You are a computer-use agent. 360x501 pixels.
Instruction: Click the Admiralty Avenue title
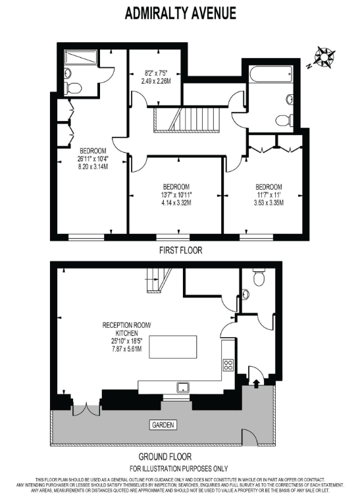click(180, 13)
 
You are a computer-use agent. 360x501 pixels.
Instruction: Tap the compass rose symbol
click(324, 57)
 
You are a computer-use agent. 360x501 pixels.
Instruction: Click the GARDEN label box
click(163, 425)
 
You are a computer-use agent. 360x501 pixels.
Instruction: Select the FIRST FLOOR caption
click(180, 250)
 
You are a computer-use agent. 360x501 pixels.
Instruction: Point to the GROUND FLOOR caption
click(165, 457)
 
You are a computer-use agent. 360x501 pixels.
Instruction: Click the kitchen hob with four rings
click(228, 365)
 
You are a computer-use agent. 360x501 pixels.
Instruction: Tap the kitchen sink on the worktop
click(183, 387)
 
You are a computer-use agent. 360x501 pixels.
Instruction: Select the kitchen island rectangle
click(173, 347)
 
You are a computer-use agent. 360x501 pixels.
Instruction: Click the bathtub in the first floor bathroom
click(270, 74)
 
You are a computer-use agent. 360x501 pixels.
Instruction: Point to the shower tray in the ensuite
click(80, 57)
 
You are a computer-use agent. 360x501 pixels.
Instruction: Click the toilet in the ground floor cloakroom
click(259, 277)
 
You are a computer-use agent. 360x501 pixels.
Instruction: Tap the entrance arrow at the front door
click(256, 383)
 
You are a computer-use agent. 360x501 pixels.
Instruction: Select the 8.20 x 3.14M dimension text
click(93, 166)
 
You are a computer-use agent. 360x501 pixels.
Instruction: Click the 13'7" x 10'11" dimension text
click(176, 195)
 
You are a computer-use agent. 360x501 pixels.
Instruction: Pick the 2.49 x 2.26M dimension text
click(156, 81)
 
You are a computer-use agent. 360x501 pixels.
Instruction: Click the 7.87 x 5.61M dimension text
click(127, 349)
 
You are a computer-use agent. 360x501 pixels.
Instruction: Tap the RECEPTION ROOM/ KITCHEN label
click(126, 329)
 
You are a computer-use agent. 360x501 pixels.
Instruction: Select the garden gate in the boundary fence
click(249, 437)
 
